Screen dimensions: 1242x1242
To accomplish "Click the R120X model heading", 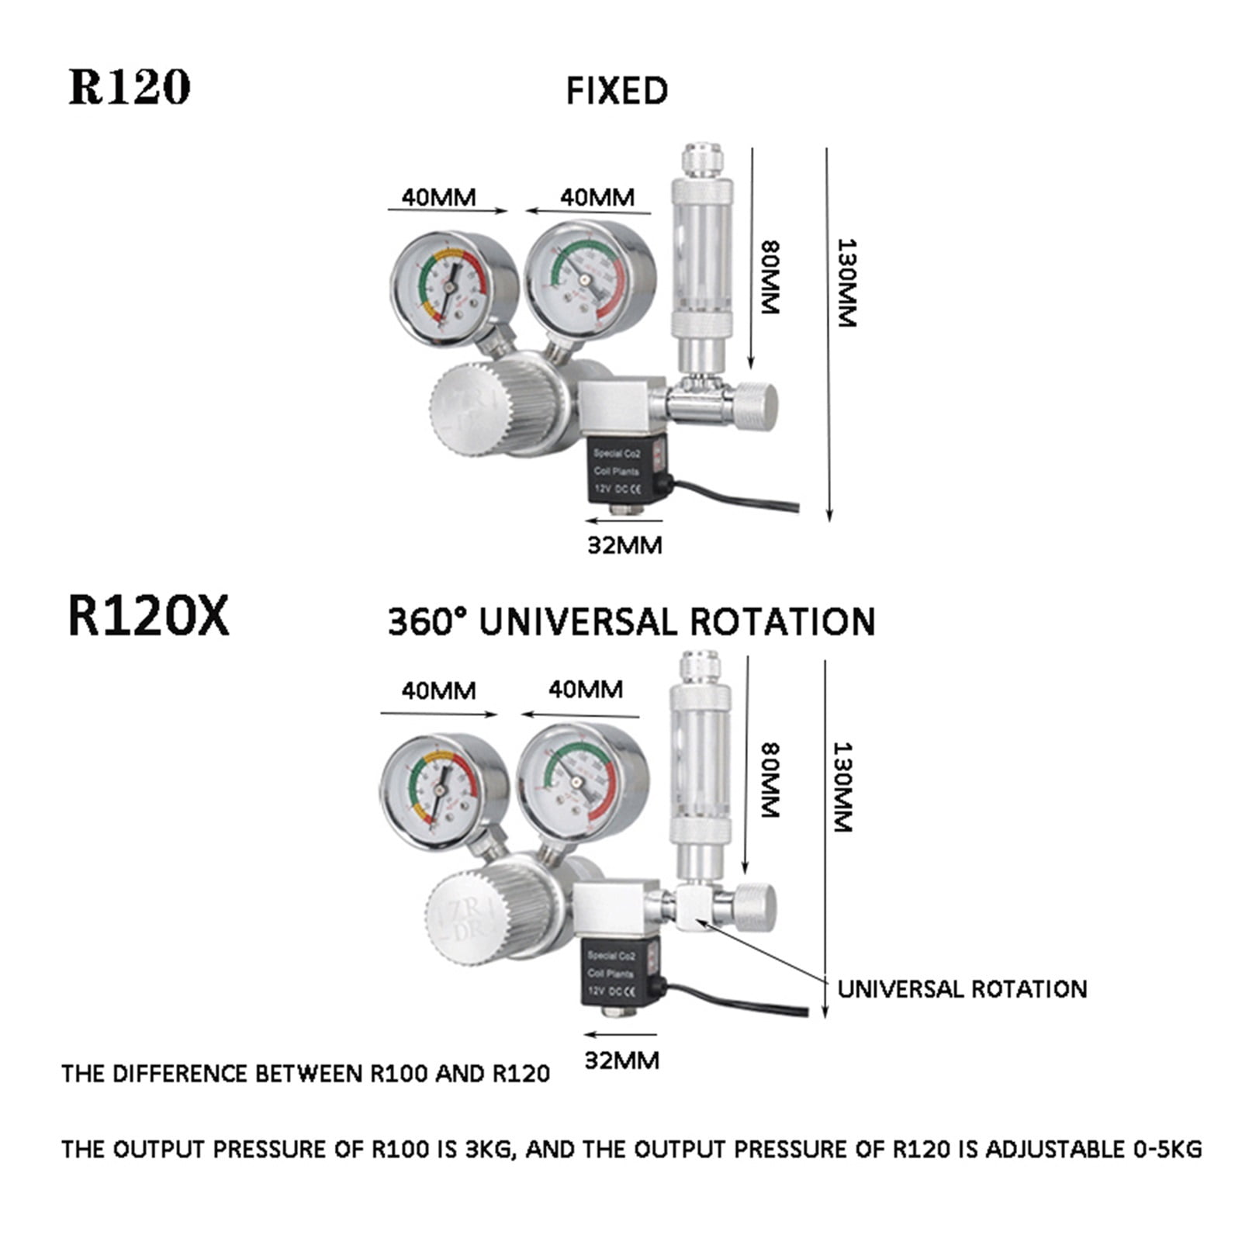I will (148, 617).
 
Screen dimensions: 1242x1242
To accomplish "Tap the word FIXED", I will (617, 91).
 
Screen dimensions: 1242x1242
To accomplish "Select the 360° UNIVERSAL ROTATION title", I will (631, 622).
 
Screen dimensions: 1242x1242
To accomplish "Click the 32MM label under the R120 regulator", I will (624, 545).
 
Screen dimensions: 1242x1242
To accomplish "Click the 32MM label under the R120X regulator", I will (621, 1060).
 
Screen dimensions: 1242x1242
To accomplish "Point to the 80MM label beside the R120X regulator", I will (769, 780).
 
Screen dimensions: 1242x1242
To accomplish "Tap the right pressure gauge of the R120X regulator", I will (582, 783).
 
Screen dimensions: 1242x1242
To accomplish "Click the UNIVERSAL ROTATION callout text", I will (962, 989).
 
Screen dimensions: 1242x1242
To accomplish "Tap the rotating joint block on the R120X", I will (694, 907).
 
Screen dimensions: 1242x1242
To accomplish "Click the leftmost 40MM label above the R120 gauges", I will (438, 197).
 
